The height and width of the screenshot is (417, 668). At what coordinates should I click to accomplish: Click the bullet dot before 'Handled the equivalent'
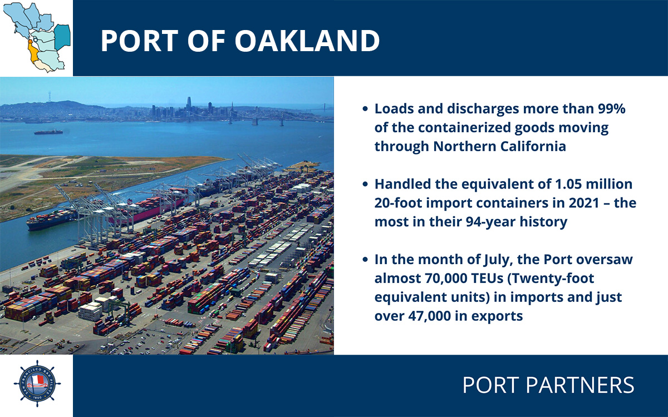365,185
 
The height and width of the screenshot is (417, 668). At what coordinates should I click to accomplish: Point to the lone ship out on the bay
48,132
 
